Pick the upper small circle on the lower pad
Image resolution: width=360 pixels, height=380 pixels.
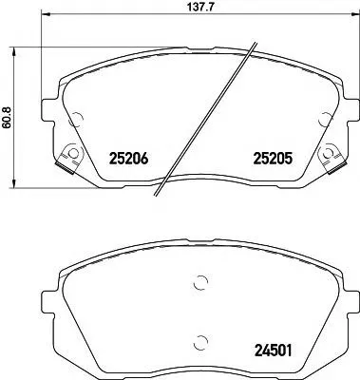pos(199,281)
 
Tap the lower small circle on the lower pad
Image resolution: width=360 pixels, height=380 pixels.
pos(199,342)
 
